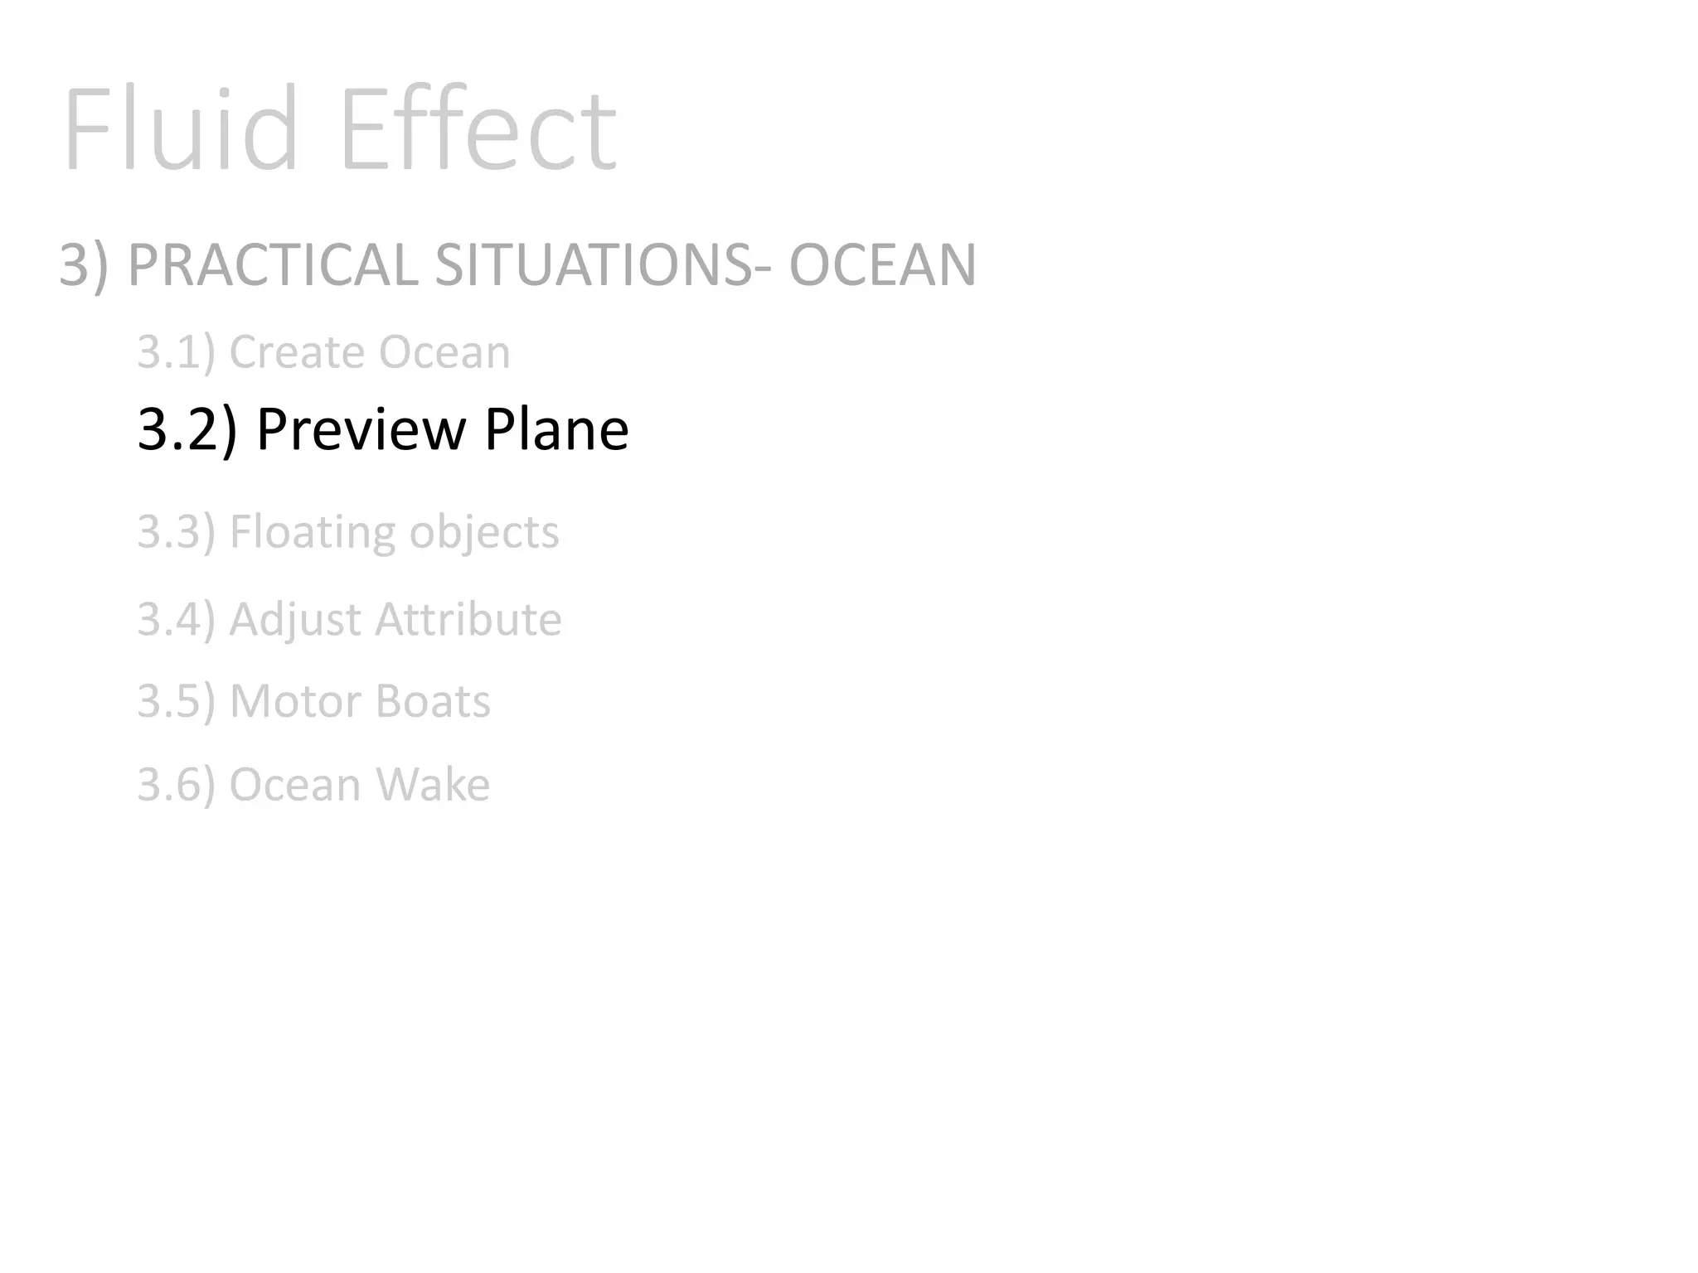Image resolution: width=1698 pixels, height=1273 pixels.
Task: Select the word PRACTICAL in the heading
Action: click(x=273, y=265)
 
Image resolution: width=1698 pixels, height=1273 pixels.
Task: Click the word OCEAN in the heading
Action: click(x=882, y=265)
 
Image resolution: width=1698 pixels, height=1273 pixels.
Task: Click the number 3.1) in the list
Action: click(x=176, y=352)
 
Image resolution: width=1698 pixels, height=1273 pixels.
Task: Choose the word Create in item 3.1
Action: click(x=296, y=352)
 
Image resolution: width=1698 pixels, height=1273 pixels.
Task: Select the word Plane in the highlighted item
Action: click(x=556, y=429)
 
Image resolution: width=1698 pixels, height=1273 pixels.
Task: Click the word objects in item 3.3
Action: click(x=484, y=532)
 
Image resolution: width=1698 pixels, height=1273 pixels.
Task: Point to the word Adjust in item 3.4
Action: click(x=294, y=620)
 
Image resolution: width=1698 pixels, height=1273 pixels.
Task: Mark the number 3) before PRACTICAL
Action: click(x=84, y=265)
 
